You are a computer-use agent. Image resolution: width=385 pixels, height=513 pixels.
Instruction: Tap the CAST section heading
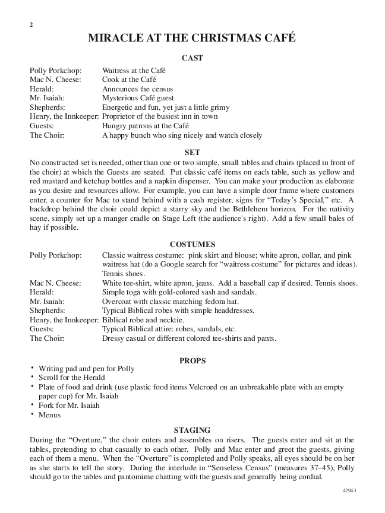tap(192, 58)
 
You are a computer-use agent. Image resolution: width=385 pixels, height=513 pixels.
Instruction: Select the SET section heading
tap(192, 151)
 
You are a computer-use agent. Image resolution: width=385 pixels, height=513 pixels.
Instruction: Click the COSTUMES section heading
tap(192, 244)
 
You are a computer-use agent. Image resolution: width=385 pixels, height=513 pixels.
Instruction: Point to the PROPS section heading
tap(192, 359)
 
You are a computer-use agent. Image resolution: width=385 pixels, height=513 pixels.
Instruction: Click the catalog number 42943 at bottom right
tap(351, 492)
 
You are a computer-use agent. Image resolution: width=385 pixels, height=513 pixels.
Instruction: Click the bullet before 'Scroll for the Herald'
tap(32, 378)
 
